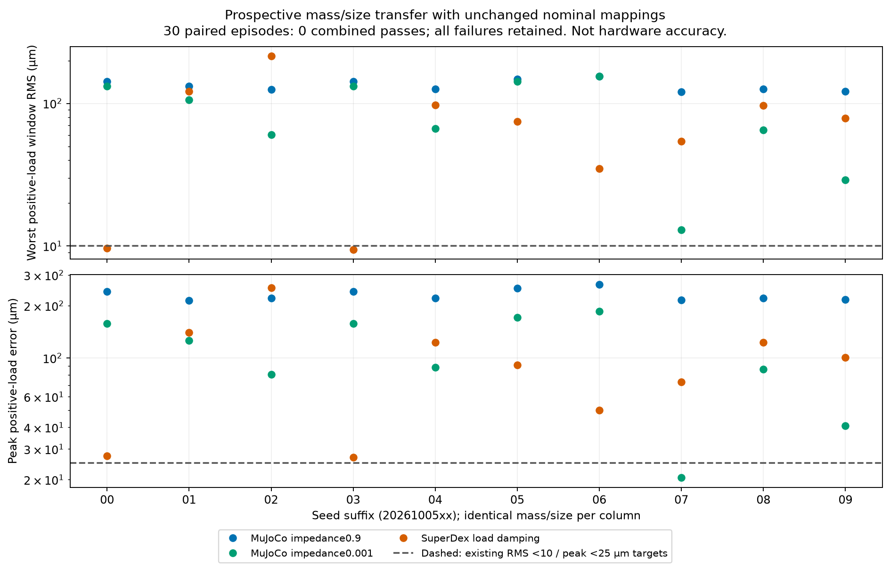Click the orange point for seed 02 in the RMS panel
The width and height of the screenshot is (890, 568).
[271, 57]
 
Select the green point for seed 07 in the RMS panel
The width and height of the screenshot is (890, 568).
[681, 230]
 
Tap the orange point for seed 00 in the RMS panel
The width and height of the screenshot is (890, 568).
[107, 249]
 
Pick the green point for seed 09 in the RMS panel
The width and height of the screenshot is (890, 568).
[845, 180]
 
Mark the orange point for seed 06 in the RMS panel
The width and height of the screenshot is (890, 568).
[599, 169]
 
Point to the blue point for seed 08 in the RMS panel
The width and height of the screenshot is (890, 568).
[763, 89]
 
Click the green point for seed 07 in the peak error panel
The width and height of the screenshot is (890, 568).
[681, 478]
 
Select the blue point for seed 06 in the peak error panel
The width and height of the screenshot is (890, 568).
[599, 285]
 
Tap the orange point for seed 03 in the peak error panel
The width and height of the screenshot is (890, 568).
[353, 458]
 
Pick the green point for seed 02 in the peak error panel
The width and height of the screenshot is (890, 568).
[271, 375]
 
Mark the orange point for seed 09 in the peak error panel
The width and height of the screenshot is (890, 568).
[845, 358]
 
